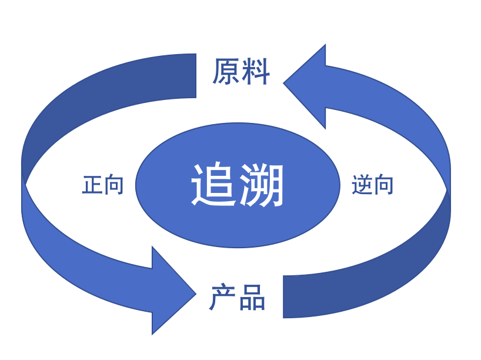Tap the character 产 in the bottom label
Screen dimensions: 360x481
coord(223,297)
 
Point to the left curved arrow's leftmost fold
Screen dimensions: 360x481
coord(24,176)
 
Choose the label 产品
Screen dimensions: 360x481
coord(238,297)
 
